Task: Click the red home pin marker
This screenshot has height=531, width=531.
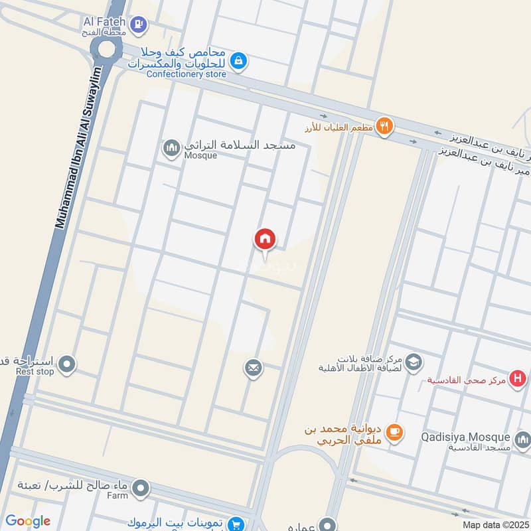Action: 265,239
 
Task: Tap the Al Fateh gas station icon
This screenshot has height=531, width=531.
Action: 138,25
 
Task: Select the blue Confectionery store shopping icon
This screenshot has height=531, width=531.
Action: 239,62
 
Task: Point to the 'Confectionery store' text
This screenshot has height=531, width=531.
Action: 187,74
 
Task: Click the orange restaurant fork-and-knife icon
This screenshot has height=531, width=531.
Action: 384,125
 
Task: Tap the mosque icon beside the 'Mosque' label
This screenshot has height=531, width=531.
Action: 171,147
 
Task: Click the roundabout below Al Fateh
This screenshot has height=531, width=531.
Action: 106,49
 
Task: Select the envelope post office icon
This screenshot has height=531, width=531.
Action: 253,367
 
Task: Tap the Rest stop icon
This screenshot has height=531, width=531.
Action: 66,364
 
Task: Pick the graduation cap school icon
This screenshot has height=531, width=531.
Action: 413,362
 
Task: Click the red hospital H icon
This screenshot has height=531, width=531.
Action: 516,379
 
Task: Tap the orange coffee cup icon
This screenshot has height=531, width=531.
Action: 394,432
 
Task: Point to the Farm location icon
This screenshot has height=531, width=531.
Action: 140,490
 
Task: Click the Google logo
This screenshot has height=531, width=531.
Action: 28,522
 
